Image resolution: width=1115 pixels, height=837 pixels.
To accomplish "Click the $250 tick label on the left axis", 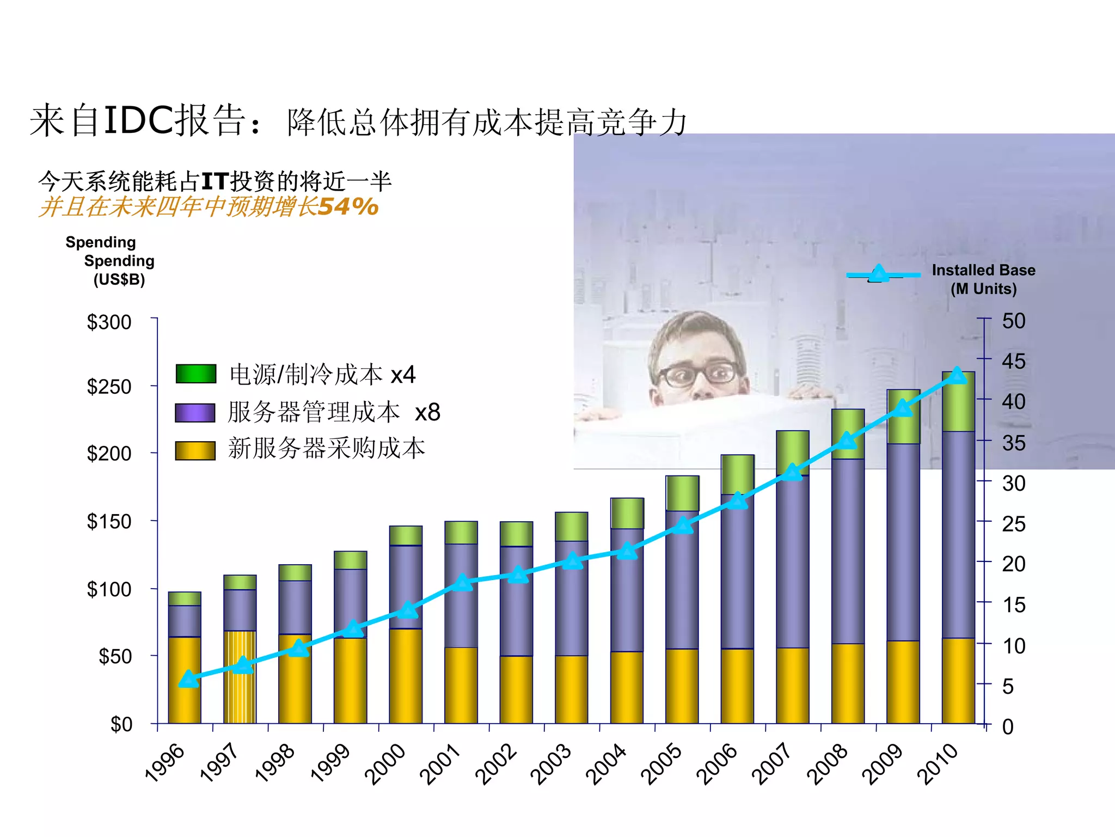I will coord(109,387).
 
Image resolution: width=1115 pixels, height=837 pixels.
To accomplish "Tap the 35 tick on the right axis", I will coord(1014,443).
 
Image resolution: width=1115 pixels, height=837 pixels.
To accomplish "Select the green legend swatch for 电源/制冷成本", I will coord(195,374).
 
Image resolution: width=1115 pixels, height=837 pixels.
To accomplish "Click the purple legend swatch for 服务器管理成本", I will coord(195,412).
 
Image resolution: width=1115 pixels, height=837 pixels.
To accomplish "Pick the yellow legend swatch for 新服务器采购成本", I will coord(195,450).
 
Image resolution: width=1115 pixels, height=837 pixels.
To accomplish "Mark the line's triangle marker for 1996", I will coord(188,679).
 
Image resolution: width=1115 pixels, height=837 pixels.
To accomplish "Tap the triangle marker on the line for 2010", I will coord(957,376).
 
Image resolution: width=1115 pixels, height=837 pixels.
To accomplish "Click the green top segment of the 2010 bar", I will coord(958,402).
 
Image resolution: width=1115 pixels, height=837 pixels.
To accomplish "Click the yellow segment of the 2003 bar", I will coord(571,689).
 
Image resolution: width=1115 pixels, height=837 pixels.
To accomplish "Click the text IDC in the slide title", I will coord(138,120).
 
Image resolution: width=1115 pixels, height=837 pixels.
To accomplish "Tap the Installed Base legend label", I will coord(983,279).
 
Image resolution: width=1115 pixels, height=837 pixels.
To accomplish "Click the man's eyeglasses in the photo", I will coord(699,374).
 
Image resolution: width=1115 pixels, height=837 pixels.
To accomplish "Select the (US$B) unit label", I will coord(119,280).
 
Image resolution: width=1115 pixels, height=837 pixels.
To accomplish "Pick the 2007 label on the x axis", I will coord(772,763).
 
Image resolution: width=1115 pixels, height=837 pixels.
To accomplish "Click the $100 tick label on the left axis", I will coord(109,589).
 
